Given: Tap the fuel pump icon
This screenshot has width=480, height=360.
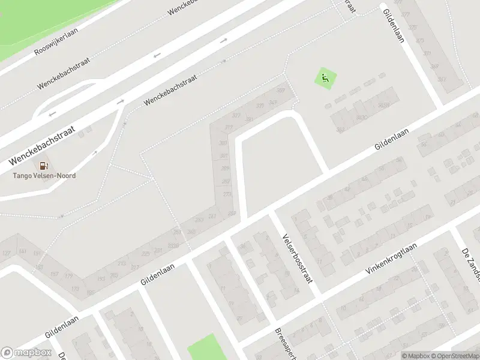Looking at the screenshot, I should [x=43, y=166].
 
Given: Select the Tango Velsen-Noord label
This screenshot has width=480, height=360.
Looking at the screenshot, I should [x=44, y=176].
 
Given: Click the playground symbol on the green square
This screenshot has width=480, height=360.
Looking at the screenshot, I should [x=325, y=78].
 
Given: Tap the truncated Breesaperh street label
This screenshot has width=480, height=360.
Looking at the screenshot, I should [x=282, y=343].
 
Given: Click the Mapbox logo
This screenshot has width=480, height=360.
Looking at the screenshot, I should [x=26, y=353].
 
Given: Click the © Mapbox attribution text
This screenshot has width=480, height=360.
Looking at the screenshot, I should [x=413, y=356].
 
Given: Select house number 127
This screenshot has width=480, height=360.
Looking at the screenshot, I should [x=7, y=254].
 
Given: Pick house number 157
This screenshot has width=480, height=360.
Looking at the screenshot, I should [x=54, y=274].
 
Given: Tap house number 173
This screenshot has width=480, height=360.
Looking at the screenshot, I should [x=76, y=289].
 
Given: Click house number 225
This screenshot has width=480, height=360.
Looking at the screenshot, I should [x=145, y=254].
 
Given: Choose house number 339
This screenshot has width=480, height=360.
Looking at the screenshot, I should [x=259, y=106].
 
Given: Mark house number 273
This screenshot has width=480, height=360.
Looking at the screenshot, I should [x=227, y=194].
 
